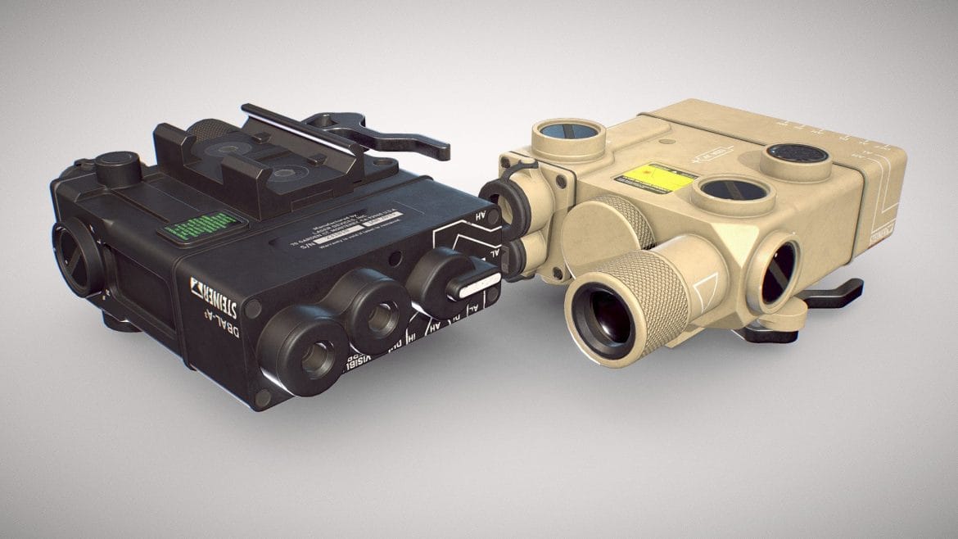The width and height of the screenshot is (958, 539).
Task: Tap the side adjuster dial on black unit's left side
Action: click(78, 258)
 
